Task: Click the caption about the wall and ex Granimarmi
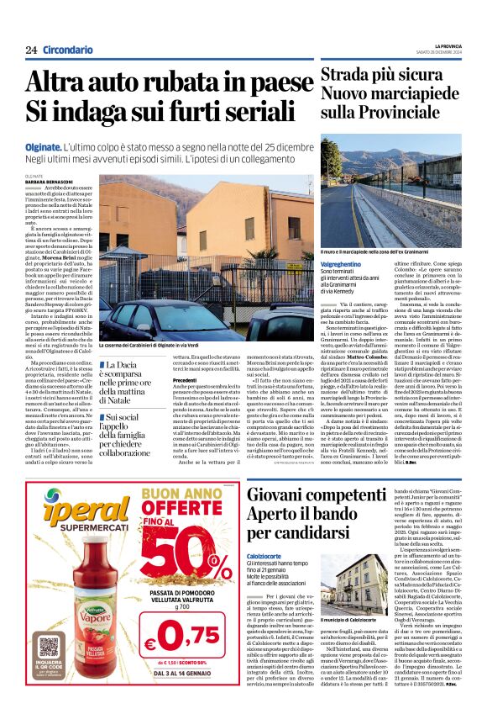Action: click(x=382, y=251)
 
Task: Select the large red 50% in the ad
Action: click(x=192, y=548)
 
